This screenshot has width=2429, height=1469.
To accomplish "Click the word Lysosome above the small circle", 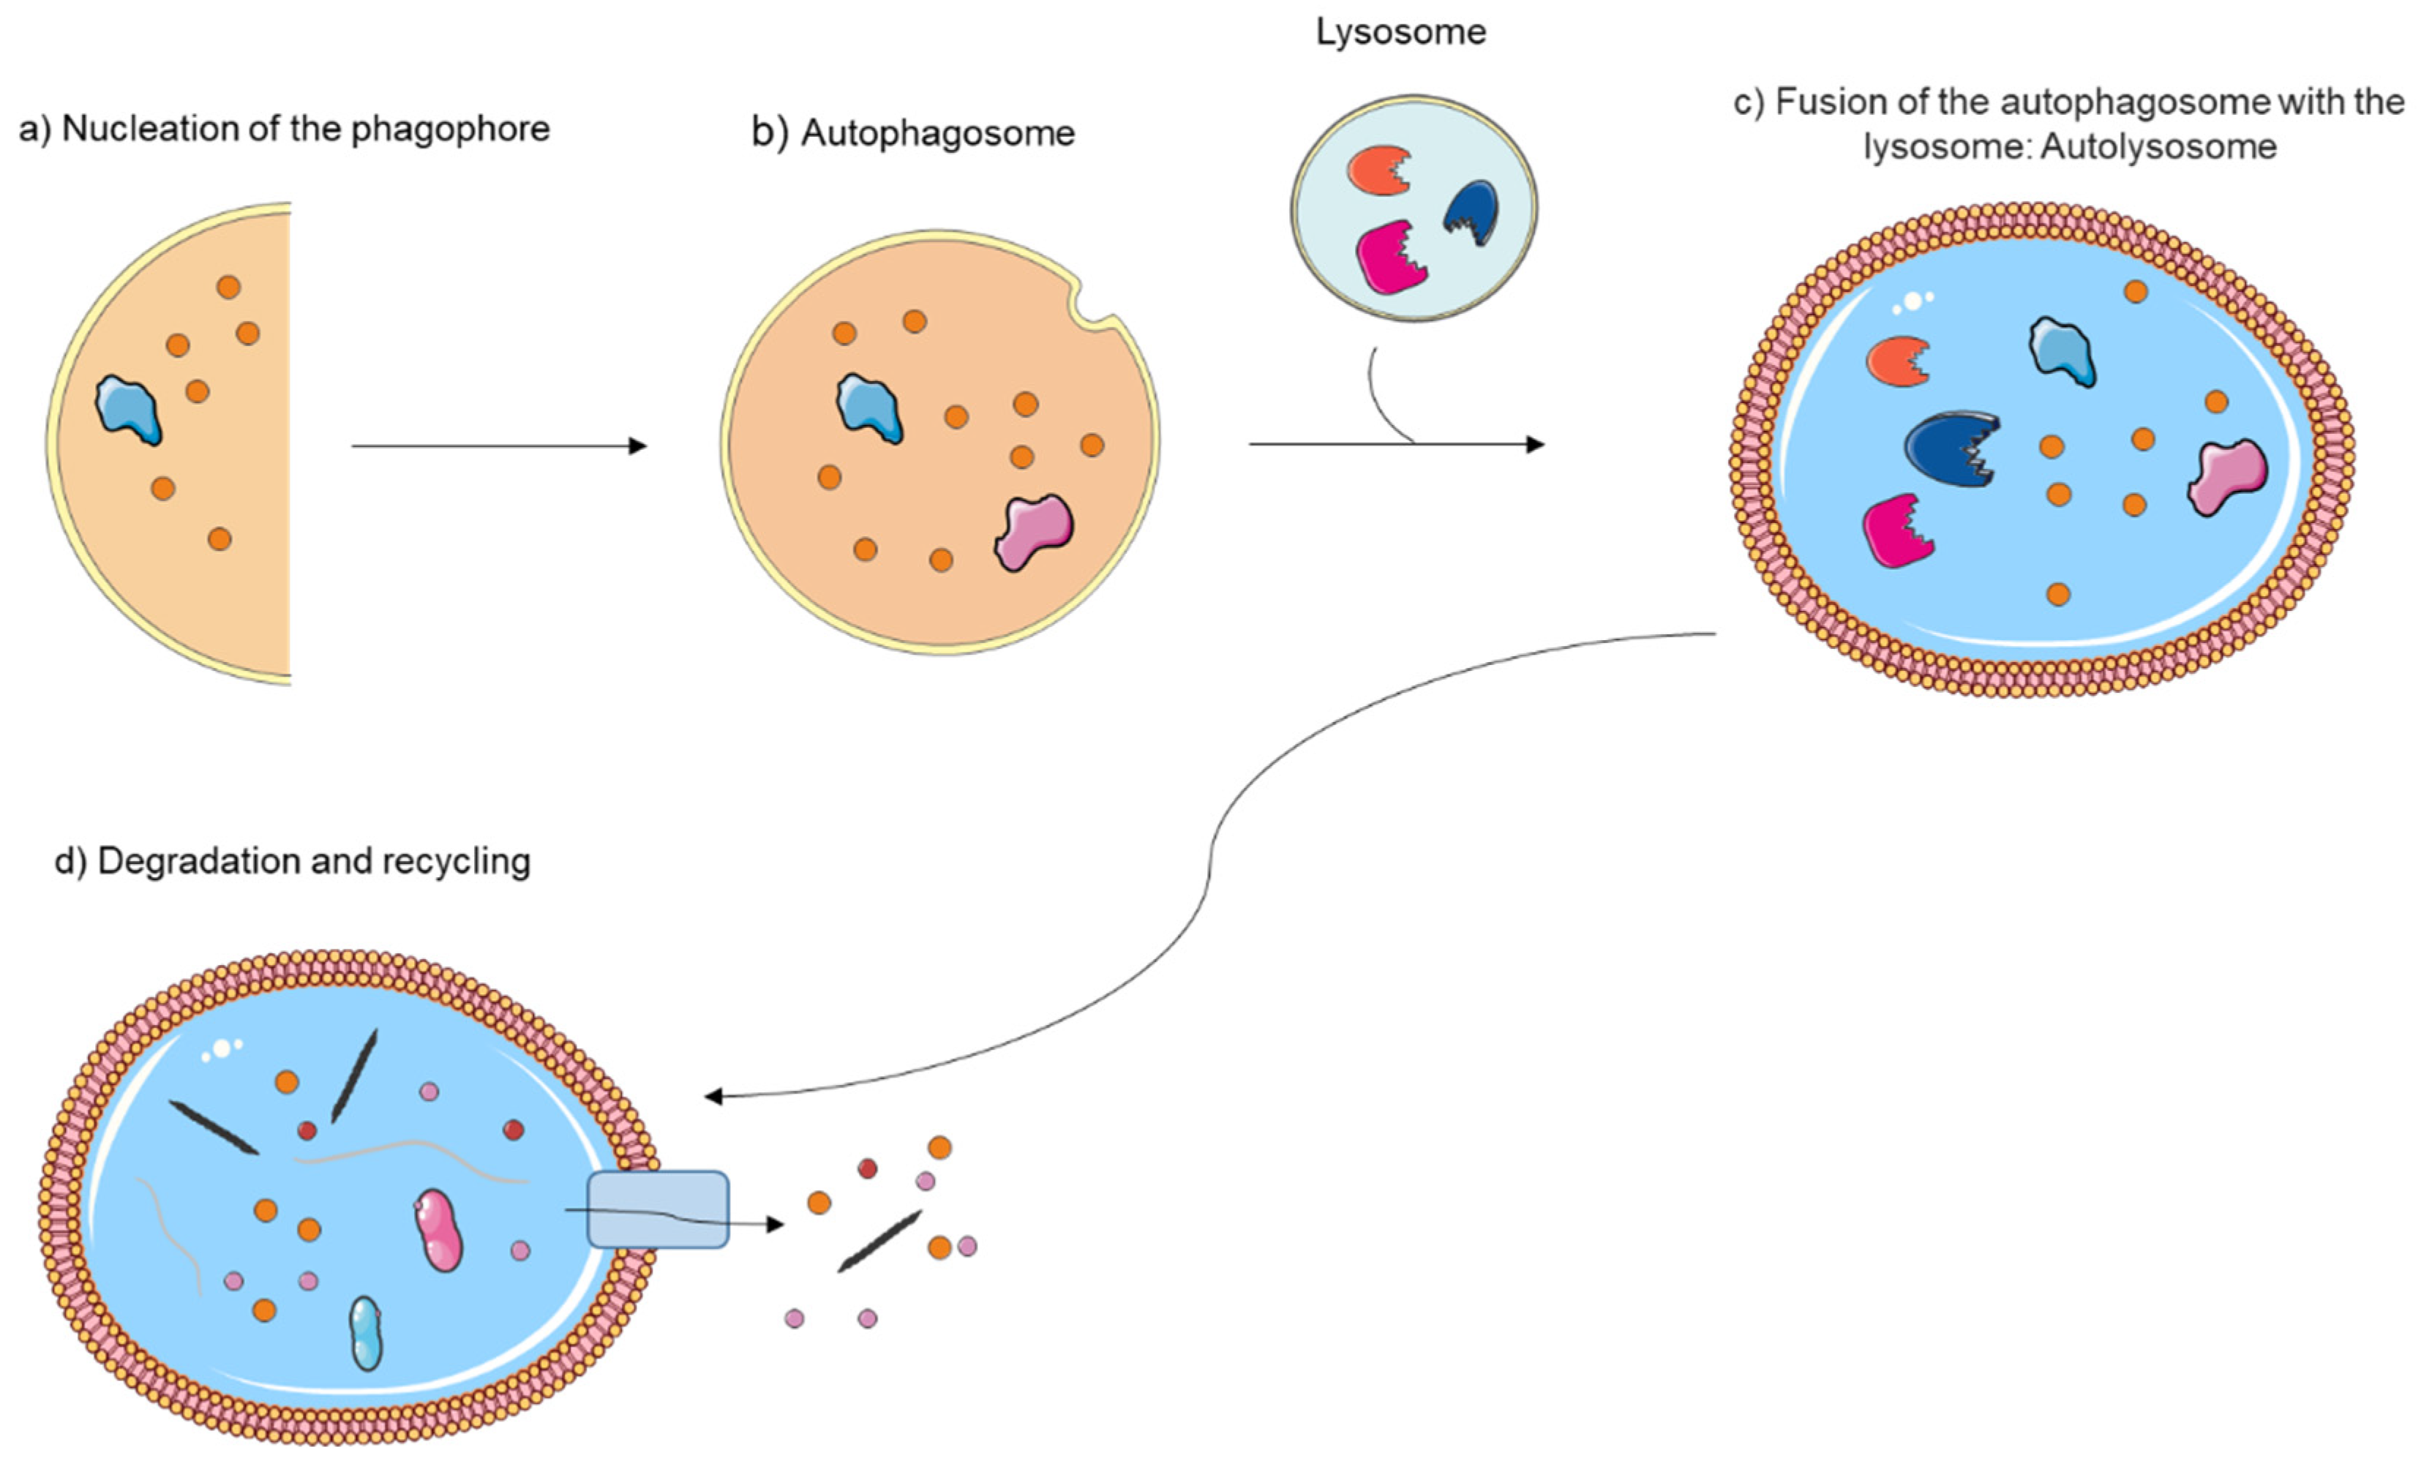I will tap(1401, 32).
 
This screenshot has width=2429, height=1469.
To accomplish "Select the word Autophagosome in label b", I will tap(937, 133).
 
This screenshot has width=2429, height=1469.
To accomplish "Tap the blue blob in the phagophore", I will tap(128, 409).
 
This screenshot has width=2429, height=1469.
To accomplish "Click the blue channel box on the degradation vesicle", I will tap(658, 1210).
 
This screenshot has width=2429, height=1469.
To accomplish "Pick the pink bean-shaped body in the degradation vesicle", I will tap(439, 1230).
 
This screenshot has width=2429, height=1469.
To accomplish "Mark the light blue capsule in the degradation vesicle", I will tap(366, 1333).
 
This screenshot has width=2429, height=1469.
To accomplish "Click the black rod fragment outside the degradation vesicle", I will tap(879, 1240).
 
